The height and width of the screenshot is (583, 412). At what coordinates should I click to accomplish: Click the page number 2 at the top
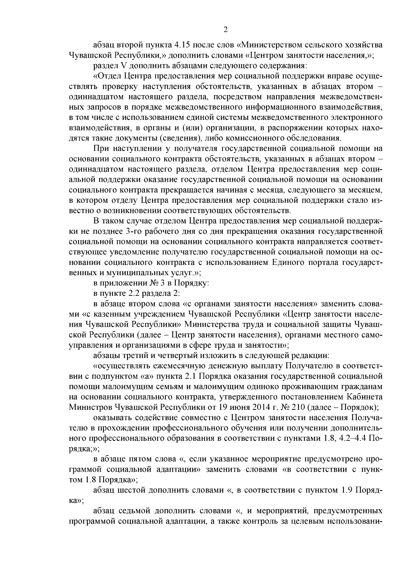tap(225, 30)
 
